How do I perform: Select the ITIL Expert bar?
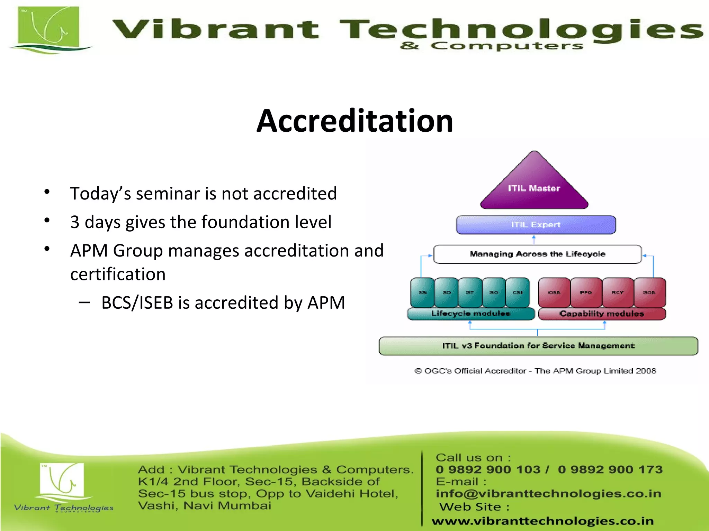click(536, 225)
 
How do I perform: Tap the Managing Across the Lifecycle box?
click(537, 254)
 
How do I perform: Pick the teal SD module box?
click(447, 292)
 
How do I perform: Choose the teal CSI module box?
click(518, 292)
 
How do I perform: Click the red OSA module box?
click(554, 292)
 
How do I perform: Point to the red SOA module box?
click(649, 292)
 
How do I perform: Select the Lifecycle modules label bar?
click(471, 314)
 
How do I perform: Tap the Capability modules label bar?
click(602, 314)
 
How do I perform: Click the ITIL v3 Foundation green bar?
click(538, 346)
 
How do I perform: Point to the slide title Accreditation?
click(355, 121)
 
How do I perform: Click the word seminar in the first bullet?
click(168, 194)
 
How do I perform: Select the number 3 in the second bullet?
click(75, 222)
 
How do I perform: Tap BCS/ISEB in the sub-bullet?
click(137, 303)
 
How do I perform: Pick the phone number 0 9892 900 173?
click(610, 469)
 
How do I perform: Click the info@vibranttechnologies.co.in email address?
click(548, 494)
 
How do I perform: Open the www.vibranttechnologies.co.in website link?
click(542, 521)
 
